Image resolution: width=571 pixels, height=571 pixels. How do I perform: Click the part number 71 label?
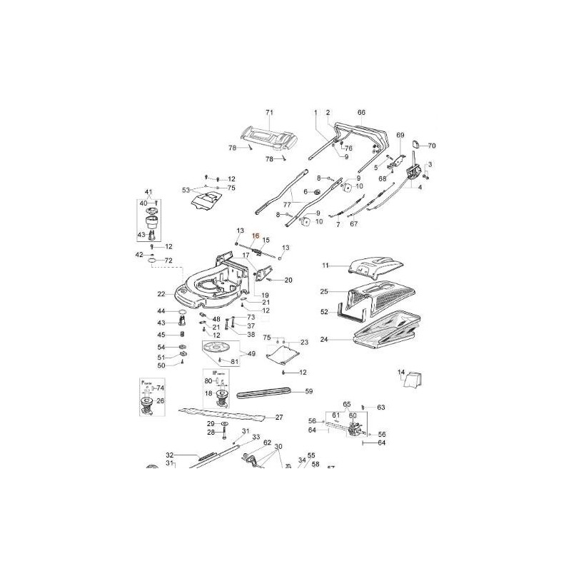270,113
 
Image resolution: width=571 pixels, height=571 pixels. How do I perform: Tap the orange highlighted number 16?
256,235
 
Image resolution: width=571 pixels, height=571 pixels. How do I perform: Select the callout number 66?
361,113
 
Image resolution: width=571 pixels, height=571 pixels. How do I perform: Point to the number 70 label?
431,146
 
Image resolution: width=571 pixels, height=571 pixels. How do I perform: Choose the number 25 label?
324,292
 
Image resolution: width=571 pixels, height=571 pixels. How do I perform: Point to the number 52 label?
324,312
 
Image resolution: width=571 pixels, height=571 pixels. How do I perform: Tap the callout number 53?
186,190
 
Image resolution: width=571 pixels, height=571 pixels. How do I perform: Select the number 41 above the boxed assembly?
149,193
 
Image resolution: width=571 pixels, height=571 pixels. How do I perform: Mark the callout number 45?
161,335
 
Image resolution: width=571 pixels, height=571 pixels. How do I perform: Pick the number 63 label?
381,408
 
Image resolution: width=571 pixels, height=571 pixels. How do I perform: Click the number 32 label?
170,455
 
